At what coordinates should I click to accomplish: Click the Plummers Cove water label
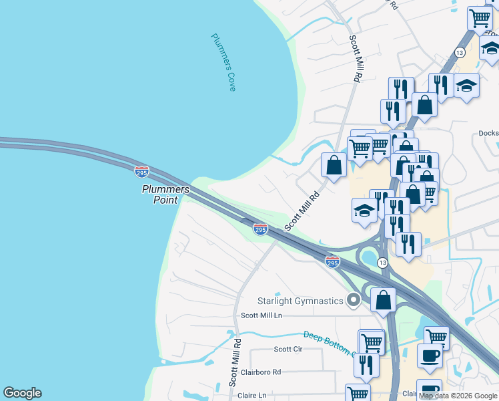tap(224, 62)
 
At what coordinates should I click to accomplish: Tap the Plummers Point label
tap(165, 194)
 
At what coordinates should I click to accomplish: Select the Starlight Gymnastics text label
tap(301, 301)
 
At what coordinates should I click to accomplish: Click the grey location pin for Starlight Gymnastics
tap(354, 301)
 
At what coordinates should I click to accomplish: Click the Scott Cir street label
tap(288, 349)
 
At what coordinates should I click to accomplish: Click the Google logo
tap(22, 393)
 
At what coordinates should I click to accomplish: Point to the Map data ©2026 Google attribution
tap(458, 396)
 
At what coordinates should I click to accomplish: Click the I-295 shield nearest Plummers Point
tap(141, 172)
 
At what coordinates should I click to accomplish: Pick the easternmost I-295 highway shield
tap(332, 262)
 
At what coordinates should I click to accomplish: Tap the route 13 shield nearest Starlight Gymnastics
tap(382, 263)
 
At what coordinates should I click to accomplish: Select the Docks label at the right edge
tap(488, 133)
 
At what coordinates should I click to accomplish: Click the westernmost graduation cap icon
tap(364, 210)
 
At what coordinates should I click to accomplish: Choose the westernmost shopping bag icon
tap(334, 165)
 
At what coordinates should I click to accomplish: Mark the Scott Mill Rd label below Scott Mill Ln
tap(234, 367)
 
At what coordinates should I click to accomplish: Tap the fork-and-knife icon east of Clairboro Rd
tap(366, 365)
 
